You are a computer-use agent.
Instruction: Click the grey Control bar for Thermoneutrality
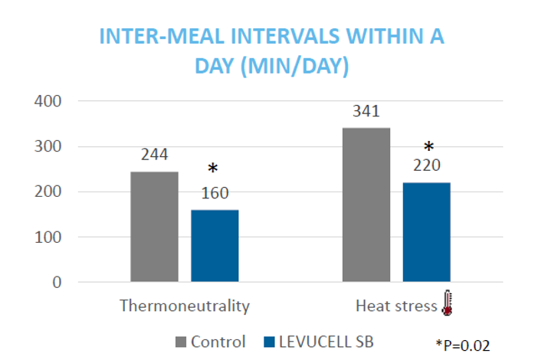pos(154,227)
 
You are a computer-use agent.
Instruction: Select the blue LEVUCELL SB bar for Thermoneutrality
pos(214,246)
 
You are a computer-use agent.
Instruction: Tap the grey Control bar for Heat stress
pos(366,205)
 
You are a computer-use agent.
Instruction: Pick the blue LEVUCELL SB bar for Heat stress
pos(426,232)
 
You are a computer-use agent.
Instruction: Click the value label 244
pos(154,154)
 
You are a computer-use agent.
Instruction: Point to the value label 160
pos(214,192)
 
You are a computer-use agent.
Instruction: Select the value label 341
pos(366,110)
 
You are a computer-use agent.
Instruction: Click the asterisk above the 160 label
pos(214,169)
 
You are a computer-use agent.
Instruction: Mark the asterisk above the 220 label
pos(428,146)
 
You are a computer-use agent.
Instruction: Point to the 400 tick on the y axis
pos(48,101)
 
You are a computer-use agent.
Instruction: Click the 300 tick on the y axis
pos(48,146)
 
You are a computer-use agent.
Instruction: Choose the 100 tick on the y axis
pos(48,237)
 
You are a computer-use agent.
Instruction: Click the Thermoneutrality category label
pos(185,306)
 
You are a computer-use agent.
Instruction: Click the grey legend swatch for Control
pos(183,342)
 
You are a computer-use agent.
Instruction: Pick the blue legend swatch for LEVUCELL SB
pos(267,342)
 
